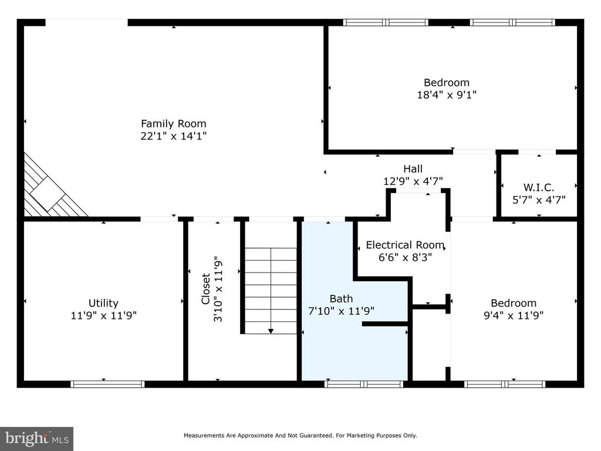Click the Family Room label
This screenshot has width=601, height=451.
point(174,123)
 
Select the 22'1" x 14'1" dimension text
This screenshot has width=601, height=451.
point(174,136)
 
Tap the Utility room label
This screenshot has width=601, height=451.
point(103,303)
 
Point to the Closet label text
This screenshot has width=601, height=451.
point(206,289)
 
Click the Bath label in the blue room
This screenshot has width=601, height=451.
point(341,298)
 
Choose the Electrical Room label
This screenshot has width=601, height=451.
point(405,245)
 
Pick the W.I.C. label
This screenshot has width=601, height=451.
point(539,187)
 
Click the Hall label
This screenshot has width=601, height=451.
point(413,169)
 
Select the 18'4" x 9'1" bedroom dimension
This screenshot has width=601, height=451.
point(447,95)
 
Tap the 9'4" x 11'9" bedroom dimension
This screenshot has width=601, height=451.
point(514,315)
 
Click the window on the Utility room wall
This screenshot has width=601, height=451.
point(107,384)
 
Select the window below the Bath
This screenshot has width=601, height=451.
point(364,384)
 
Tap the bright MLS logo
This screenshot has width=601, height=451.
point(37,439)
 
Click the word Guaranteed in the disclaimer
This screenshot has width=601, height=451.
point(316,435)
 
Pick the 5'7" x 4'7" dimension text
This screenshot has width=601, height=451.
point(539,200)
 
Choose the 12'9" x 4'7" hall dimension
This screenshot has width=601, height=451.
point(413,181)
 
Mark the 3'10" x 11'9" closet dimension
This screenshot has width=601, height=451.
point(218,289)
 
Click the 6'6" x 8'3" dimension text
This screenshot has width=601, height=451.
point(405,257)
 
